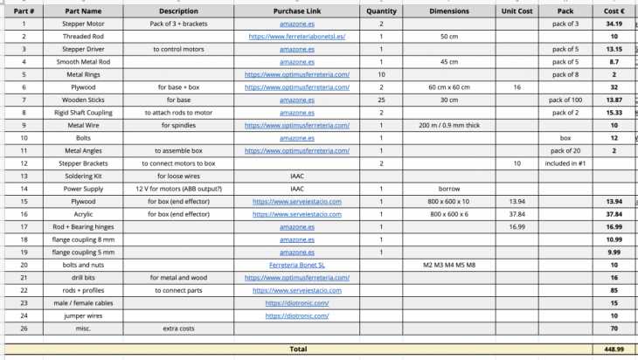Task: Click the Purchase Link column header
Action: (296, 11)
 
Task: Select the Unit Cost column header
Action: (517, 11)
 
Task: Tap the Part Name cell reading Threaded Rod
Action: (83, 37)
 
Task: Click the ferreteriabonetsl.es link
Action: (296, 37)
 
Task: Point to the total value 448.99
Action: (613, 348)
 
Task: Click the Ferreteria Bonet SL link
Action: (296, 264)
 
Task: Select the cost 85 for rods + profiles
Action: (614, 289)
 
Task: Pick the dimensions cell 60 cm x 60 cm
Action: (449, 87)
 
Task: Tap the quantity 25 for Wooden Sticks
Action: (381, 100)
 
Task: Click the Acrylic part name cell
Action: (83, 213)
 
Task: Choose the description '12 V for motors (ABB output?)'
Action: (179, 188)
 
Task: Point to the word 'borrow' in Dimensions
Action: (449, 188)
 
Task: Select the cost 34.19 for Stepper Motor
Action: (614, 24)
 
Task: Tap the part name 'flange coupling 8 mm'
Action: (83, 239)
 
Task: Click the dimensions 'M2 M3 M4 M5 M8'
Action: (449, 264)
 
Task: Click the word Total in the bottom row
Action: (298, 348)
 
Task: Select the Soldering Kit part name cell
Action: (83, 176)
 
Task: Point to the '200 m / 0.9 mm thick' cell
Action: (449, 125)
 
